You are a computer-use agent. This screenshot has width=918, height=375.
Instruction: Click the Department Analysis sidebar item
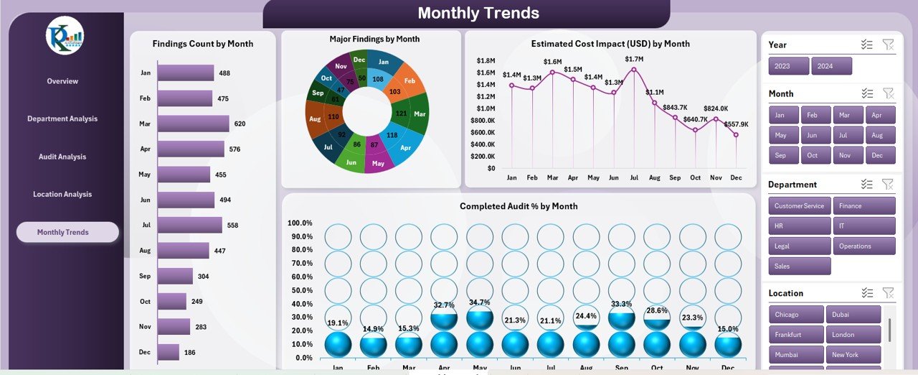point(62,119)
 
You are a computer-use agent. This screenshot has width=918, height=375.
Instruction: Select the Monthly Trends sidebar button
point(67,232)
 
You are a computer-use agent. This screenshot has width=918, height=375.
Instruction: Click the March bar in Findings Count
point(193,124)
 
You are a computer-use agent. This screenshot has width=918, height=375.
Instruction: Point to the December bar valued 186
point(169,352)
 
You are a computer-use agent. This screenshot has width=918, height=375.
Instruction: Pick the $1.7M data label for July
point(634,59)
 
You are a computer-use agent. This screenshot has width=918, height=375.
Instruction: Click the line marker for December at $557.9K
point(736,134)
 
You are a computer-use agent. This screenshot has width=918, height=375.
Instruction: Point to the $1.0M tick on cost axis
point(486,108)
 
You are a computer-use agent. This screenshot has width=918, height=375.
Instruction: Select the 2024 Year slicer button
point(831,66)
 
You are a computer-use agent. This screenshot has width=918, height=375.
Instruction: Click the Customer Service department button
point(799,206)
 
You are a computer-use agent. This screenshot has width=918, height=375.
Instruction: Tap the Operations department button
point(864,246)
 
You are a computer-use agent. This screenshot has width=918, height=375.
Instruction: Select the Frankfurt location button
point(795,335)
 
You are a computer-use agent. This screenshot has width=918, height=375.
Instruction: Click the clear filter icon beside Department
point(888,185)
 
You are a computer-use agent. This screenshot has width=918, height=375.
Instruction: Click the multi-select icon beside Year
point(867,45)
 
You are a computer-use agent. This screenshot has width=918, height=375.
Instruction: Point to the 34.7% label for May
point(479,302)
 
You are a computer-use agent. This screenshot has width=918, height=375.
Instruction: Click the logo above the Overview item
point(65,36)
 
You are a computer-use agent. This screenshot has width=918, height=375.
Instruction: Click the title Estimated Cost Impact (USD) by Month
point(610,44)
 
